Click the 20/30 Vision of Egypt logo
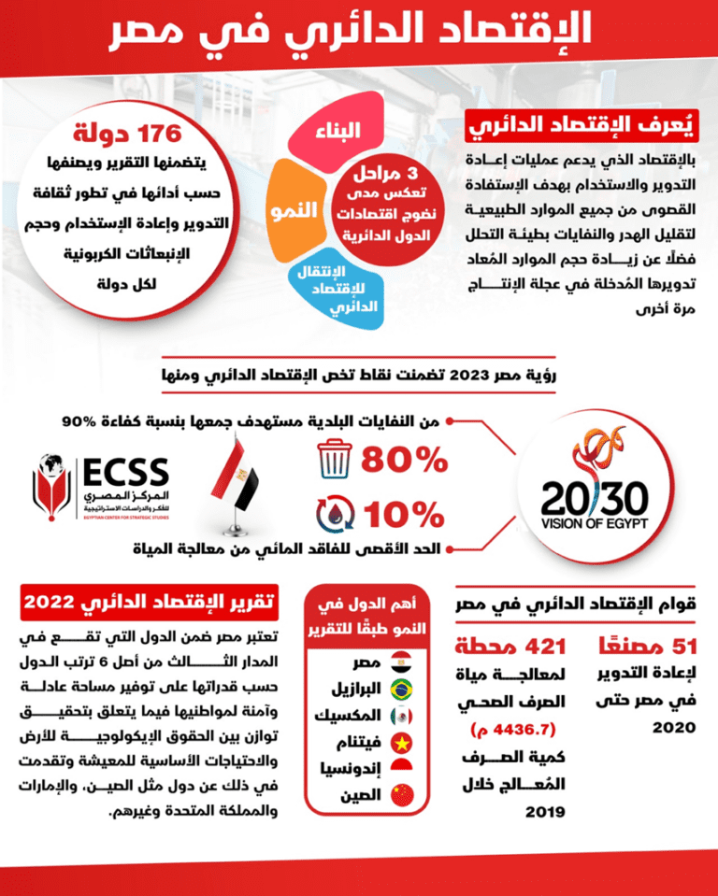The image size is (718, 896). tap(594, 486)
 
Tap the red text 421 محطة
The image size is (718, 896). tap(510, 646)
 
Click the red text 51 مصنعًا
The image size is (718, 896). tap(642, 646)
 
